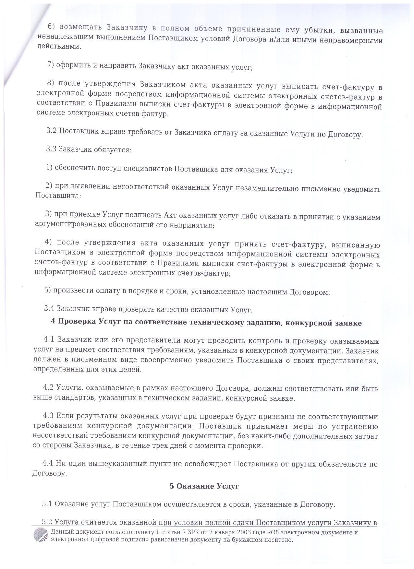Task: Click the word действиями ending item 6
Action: coord(58,46)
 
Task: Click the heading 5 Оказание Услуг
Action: coord(204,486)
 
